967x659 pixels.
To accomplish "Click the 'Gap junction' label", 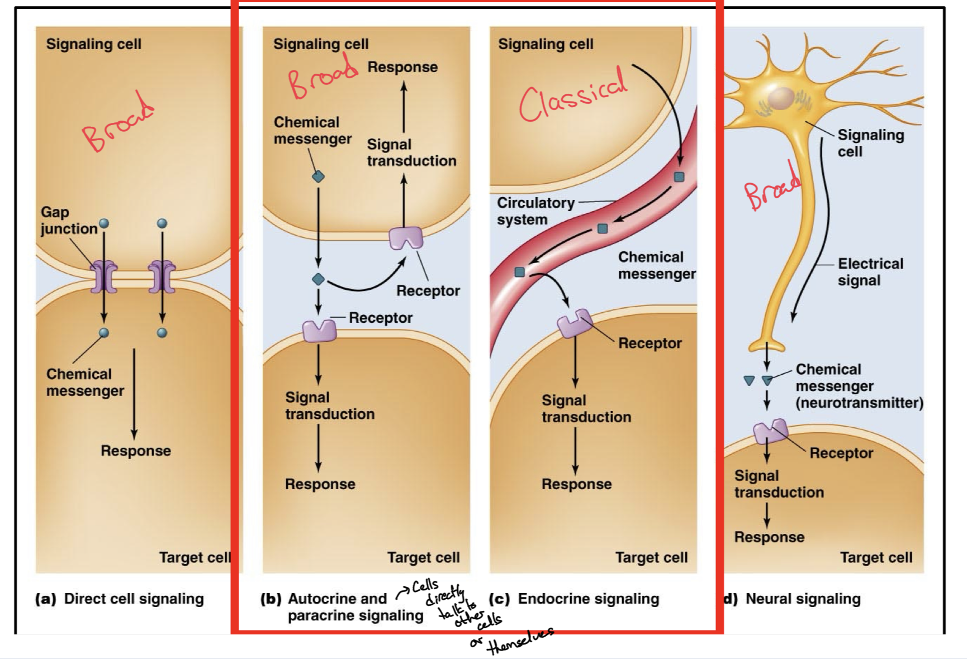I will pos(68,221).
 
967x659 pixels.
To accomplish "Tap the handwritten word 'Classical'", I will pos(573,95).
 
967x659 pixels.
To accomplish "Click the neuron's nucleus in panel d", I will pos(781,99).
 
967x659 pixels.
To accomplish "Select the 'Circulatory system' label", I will pos(535,211).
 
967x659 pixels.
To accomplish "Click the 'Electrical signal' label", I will pos(870,272).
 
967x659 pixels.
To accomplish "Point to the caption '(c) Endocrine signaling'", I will pos(574,599).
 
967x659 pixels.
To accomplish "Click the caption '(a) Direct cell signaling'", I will pos(120,599).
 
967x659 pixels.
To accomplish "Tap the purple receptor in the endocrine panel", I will pos(574,323).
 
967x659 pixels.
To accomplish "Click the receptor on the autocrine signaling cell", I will pos(406,237).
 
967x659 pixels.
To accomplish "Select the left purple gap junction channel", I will pos(103,276).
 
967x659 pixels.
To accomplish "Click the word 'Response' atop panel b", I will pos(402,67).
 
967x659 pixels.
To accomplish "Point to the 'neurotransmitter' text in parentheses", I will pos(859,403).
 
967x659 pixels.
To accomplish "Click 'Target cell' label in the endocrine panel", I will pos(651,557).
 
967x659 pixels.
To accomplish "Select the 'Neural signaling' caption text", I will pos(803,599).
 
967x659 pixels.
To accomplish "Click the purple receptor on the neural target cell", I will pos(770,431).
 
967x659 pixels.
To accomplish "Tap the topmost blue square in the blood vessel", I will pos(679,177).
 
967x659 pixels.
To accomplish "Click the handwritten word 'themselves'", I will pos(520,641).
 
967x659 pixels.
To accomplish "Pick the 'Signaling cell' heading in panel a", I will pos(93,44).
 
